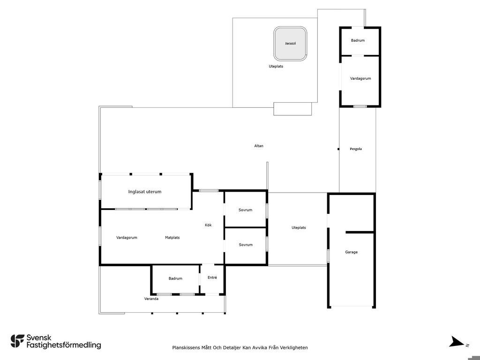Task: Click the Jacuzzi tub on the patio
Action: pyautogui.click(x=290, y=44)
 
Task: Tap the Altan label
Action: pyautogui.click(x=259, y=146)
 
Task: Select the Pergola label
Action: pyautogui.click(x=356, y=149)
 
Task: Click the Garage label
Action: pyautogui.click(x=351, y=252)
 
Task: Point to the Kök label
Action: pyautogui.click(x=208, y=225)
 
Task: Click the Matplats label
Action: pyautogui.click(x=172, y=238)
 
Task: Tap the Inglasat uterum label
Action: pyautogui.click(x=145, y=192)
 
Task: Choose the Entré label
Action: pyautogui.click(x=212, y=277)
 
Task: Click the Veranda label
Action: pyautogui.click(x=151, y=299)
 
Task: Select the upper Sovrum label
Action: pyautogui.click(x=246, y=210)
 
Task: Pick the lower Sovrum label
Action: pyautogui.click(x=246, y=245)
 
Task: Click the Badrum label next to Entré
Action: pyautogui.click(x=175, y=278)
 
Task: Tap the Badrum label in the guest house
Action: pyautogui.click(x=358, y=40)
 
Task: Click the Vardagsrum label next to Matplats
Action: pyautogui.click(x=127, y=238)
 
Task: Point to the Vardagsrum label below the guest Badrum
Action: pyautogui.click(x=360, y=79)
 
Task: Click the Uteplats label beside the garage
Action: pyautogui.click(x=299, y=228)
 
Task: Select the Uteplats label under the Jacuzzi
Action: pyautogui.click(x=276, y=67)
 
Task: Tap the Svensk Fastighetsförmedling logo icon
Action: pyautogui.click(x=17, y=341)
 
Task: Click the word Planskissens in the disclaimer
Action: pyautogui.click(x=186, y=347)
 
